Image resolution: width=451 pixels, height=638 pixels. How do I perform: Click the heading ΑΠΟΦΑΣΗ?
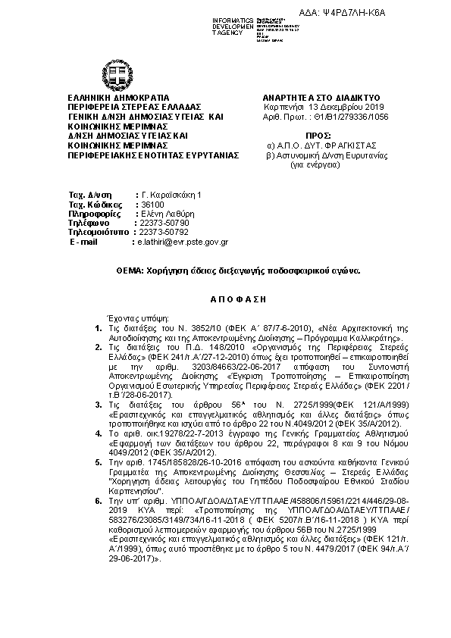coord(225,298)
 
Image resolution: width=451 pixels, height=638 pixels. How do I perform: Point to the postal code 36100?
coord(149,205)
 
